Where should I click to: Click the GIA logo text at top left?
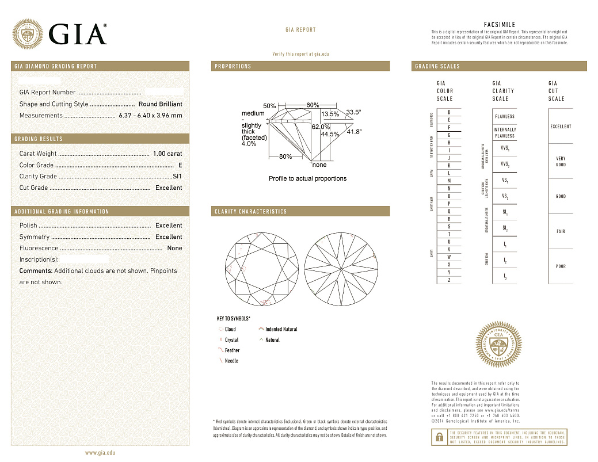[x=78, y=34]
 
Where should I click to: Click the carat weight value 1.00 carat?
[x=167, y=154]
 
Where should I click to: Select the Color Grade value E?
[x=180, y=165]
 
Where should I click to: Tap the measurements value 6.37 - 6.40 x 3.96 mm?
[x=150, y=116]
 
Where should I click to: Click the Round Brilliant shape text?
[x=161, y=104]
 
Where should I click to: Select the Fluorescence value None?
[x=174, y=249]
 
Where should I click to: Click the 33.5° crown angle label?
[x=354, y=112]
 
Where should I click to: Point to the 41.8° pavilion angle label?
[x=355, y=132]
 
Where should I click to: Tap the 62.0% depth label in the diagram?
[x=321, y=126]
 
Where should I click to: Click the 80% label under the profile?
[x=285, y=156]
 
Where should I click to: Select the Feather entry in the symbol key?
[x=232, y=350]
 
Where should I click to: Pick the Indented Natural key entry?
[x=281, y=329]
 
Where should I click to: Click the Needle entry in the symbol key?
[x=231, y=361]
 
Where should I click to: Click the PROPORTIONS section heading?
[x=233, y=67]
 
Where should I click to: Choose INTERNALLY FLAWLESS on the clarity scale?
[x=505, y=133]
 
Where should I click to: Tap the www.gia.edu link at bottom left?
[x=100, y=453]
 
